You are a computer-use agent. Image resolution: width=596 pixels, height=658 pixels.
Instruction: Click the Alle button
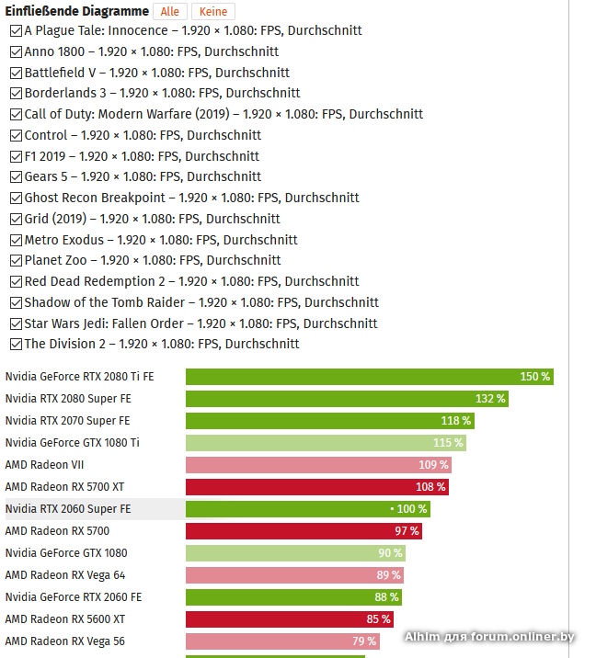(x=170, y=11)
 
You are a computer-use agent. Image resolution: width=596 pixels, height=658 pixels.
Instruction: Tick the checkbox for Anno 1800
(x=17, y=51)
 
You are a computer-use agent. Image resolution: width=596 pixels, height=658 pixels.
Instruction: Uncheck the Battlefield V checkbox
(x=17, y=73)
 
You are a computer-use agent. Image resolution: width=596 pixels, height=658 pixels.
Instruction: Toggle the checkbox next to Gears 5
(x=17, y=176)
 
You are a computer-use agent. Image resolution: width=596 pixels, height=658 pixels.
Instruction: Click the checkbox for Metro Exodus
(x=17, y=240)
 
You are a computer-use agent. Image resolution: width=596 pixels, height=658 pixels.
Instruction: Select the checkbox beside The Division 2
(x=17, y=344)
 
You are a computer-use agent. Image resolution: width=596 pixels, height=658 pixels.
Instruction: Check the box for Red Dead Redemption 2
(x=17, y=281)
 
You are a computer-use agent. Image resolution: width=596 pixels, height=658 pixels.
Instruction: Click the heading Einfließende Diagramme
(x=77, y=11)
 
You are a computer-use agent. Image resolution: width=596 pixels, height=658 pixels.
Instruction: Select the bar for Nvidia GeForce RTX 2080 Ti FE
(x=369, y=377)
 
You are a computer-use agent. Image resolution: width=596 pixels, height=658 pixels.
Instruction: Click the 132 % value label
(x=490, y=399)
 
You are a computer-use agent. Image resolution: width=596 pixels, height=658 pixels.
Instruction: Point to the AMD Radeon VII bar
(x=318, y=465)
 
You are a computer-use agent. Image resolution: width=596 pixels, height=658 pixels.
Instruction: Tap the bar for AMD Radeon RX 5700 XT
(x=316, y=487)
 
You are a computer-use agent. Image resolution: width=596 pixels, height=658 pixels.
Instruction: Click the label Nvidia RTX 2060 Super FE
(x=68, y=509)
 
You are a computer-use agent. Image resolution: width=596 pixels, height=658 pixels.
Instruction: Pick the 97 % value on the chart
(x=407, y=531)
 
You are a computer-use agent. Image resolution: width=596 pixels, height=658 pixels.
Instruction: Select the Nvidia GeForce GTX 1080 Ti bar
(x=326, y=443)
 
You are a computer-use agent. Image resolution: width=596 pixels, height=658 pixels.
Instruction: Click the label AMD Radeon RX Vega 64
(x=65, y=575)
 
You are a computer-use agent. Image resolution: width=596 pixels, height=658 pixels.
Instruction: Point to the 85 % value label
(x=378, y=619)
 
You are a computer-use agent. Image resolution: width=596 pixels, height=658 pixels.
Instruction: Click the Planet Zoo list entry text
(x=153, y=260)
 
